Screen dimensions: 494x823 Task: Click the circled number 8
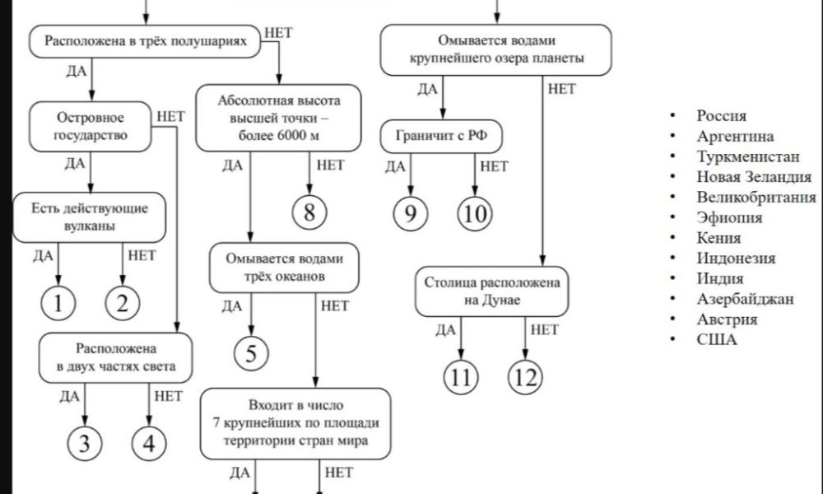309,212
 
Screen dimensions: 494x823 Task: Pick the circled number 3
86,443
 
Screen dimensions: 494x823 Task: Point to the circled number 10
474,213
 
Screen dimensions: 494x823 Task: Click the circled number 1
58,304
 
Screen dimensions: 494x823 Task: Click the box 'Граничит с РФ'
442,137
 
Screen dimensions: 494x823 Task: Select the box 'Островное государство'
91,126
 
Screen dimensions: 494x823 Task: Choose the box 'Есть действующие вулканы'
91,217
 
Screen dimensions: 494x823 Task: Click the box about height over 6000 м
279,118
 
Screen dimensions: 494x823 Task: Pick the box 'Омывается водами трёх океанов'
285,267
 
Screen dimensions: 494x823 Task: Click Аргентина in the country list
735,136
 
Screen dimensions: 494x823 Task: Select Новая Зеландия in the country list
753,176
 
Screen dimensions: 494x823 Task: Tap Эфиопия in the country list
728,217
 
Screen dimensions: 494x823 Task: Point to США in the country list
716,339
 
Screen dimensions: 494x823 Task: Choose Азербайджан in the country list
745,299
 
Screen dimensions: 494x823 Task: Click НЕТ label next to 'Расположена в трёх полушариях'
278,34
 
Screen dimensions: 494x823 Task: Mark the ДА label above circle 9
396,166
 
